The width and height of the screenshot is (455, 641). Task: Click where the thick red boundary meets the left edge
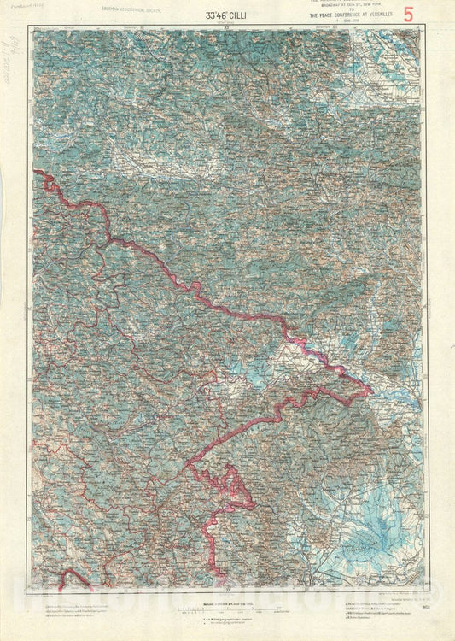point(36,172)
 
